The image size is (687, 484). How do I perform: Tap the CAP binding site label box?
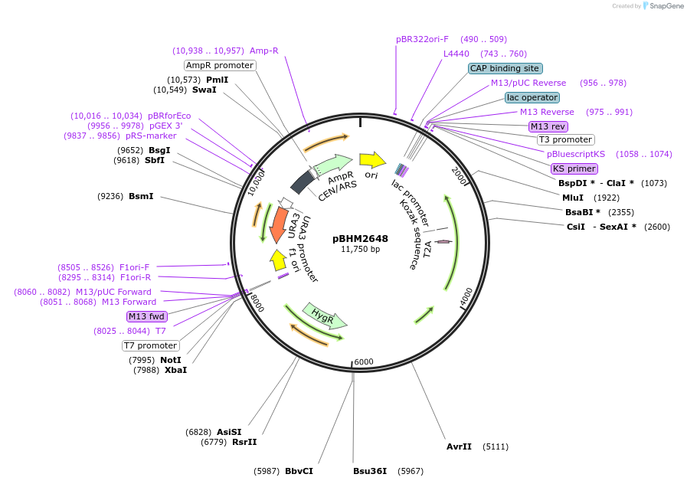(x=505, y=68)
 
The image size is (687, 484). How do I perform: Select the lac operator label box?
(x=532, y=97)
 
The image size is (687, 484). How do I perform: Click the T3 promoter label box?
(x=565, y=139)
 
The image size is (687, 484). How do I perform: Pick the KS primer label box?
(x=574, y=168)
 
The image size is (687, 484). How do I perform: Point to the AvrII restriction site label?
(x=459, y=446)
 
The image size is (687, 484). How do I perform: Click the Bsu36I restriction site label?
(x=370, y=471)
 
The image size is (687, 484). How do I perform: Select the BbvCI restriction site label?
(x=299, y=471)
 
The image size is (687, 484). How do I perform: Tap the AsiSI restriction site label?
(x=229, y=432)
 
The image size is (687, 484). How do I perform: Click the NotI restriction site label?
(x=171, y=360)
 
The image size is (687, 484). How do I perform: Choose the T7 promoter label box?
(x=151, y=345)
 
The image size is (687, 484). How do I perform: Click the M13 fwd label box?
(x=146, y=316)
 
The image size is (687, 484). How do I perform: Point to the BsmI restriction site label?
(x=141, y=196)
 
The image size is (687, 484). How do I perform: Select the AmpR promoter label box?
(x=220, y=65)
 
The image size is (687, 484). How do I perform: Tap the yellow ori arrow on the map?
(x=372, y=160)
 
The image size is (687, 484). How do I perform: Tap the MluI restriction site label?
(x=573, y=198)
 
